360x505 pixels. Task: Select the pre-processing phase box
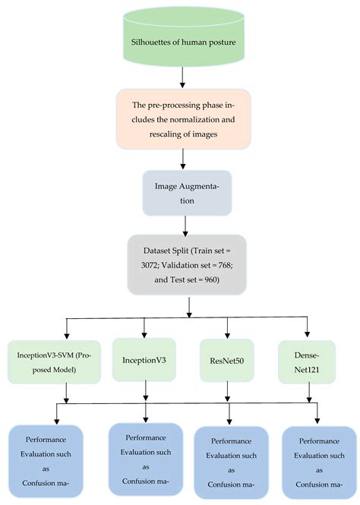181,119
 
